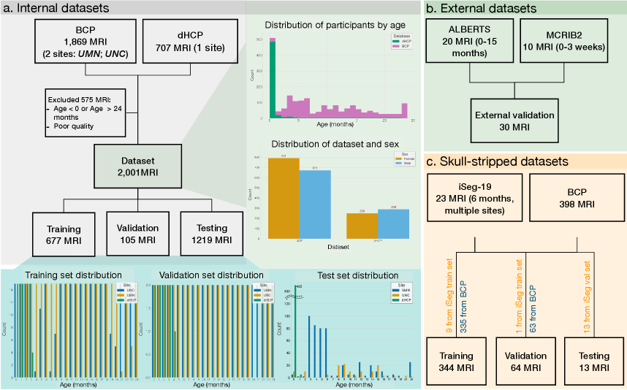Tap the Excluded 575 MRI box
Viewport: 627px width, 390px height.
click(x=83, y=112)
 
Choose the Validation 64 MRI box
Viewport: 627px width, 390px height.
click(x=526, y=361)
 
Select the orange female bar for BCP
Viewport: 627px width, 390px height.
click(x=284, y=198)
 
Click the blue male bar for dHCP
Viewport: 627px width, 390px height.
click(x=388, y=223)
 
